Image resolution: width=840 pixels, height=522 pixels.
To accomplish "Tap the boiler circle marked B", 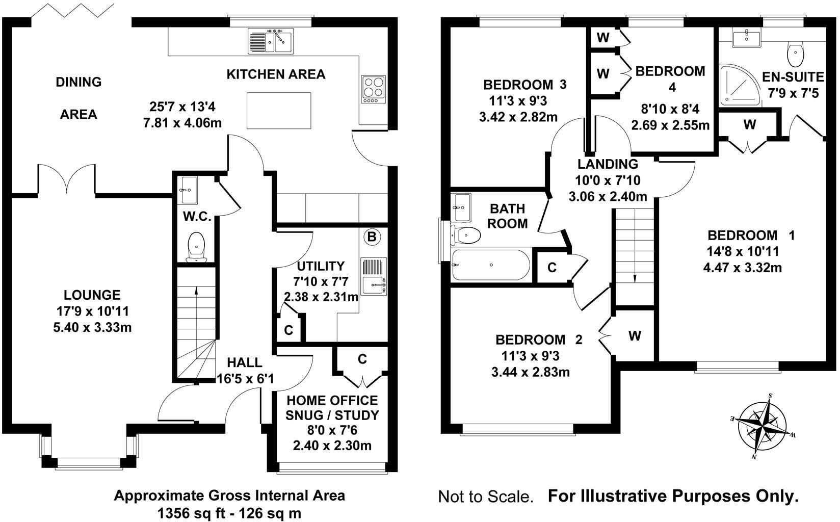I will click(x=372, y=237).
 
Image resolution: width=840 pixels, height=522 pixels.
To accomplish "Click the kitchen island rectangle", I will click(x=279, y=111).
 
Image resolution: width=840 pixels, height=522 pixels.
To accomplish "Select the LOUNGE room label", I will click(x=92, y=295).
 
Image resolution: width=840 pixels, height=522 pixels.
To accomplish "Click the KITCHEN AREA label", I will click(x=276, y=74).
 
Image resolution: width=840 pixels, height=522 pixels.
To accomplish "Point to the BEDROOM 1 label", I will click(x=751, y=236).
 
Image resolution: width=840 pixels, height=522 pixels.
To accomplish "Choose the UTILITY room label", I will click(x=321, y=266).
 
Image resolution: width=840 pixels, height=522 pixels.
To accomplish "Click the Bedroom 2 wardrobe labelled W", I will click(x=635, y=336).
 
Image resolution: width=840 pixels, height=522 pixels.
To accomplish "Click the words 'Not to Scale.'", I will click(x=485, y=497).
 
